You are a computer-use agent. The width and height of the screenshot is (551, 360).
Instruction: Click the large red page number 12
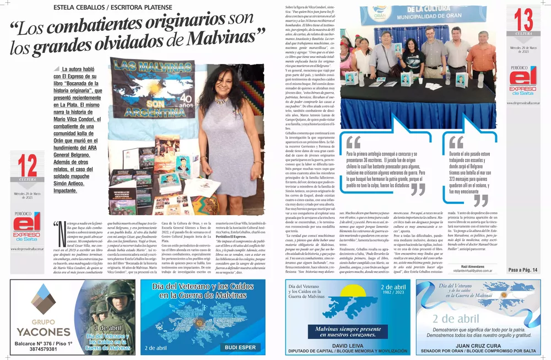coord(27,165)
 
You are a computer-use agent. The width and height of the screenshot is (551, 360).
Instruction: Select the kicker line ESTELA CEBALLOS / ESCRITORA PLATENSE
coord(112,7)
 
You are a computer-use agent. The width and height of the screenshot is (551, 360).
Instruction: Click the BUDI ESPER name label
coord(240,347)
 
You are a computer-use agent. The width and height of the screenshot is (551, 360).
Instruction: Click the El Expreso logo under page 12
coord(27,227)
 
